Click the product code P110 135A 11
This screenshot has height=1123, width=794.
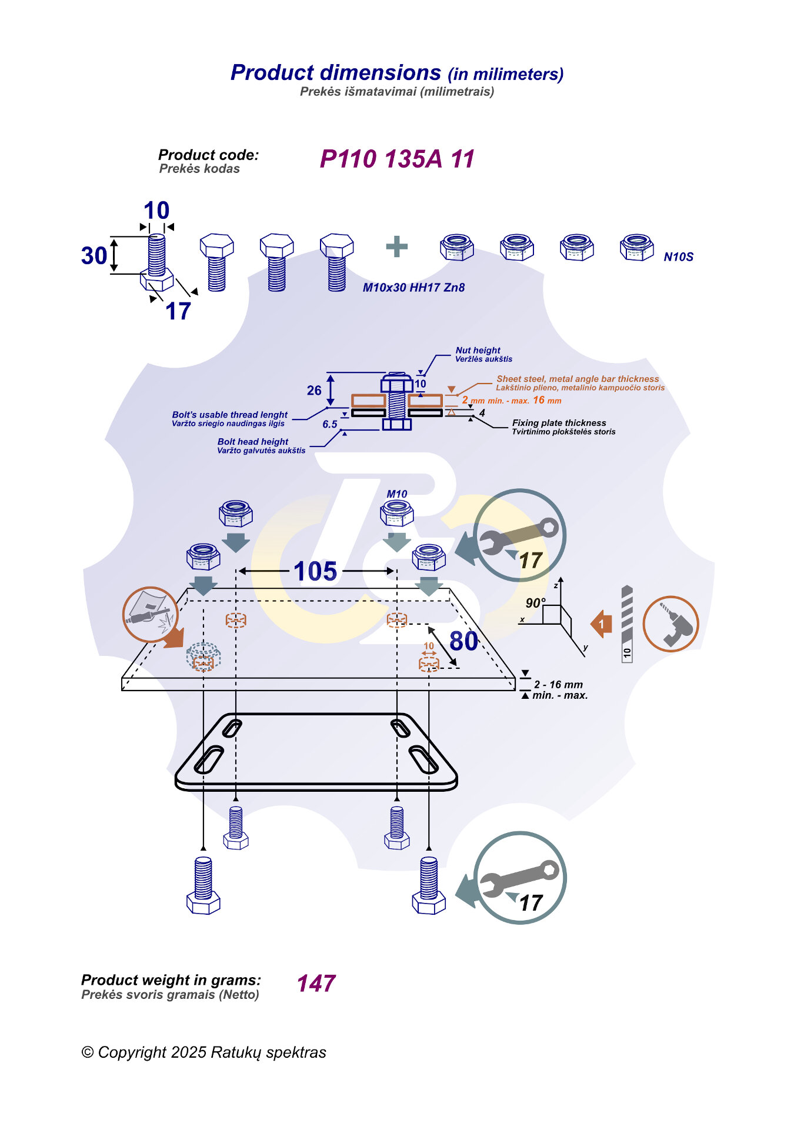(397, 159)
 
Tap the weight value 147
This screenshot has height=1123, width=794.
(316, 983)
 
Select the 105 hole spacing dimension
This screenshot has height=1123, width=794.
(315, 571)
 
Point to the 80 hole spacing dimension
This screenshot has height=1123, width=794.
(464, 641)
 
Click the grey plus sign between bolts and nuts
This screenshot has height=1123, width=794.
(397, 246)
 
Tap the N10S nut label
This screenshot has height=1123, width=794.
(679, 257)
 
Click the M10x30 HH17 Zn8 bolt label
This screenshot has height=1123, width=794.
(413, 288)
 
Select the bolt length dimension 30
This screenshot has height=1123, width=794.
(94, 256)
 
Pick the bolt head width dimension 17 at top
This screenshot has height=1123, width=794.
(178, 311)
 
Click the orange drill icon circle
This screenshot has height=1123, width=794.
(670, 624)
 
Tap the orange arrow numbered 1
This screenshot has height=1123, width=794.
(601, 624)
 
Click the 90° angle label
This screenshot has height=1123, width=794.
(535, 603)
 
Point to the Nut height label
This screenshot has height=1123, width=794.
(478, 350)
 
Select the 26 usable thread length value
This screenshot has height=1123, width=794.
(314, 391)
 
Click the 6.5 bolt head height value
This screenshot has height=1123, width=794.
(330, 424)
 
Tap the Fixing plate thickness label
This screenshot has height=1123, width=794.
(559, 423)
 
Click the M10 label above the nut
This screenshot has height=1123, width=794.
(397, 494)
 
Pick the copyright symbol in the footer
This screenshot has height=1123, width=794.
(88, 1052)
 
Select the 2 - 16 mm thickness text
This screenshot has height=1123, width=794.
(558, 685)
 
